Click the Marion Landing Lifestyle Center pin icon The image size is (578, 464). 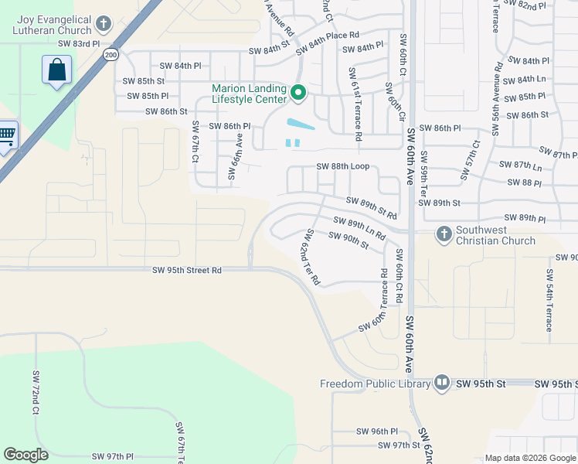click(x=298, y=94)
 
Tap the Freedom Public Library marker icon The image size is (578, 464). click(x=442, y=383)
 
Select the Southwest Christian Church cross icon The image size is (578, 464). click(x=444, y=233)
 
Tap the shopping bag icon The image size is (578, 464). click(x=57, y=70)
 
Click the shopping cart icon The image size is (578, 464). click(x=6, y=137)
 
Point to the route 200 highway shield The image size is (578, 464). click(x=111, y=54)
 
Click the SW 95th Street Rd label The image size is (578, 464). click(x=187, y=270)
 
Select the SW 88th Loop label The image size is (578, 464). click(x=343, y=166)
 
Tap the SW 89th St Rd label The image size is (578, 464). click(x=372, y=207)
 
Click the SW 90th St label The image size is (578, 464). click(x=348, y=241)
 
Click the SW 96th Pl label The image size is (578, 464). click(x=377, y=431)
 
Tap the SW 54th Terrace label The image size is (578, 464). click(x=549, y=301)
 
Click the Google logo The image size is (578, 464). click(x=25, y=455)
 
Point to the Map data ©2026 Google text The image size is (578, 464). click(x=529, y=458)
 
